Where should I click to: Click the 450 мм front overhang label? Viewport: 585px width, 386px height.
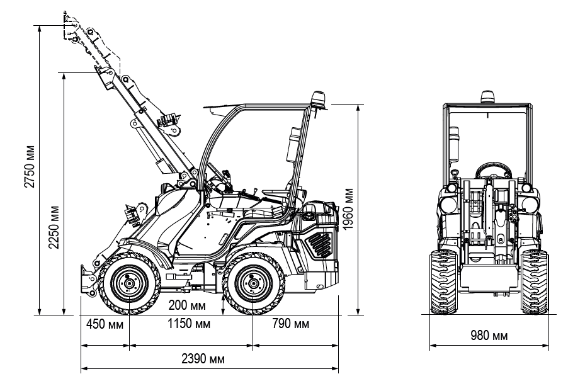tap(105, 325)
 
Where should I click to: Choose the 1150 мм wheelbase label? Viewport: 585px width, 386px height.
tap(190, 325)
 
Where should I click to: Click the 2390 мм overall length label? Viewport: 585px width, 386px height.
tap(203, 360)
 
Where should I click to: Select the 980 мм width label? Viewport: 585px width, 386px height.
tap(489, 335)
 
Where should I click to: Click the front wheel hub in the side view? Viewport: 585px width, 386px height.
tap(128, 284)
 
